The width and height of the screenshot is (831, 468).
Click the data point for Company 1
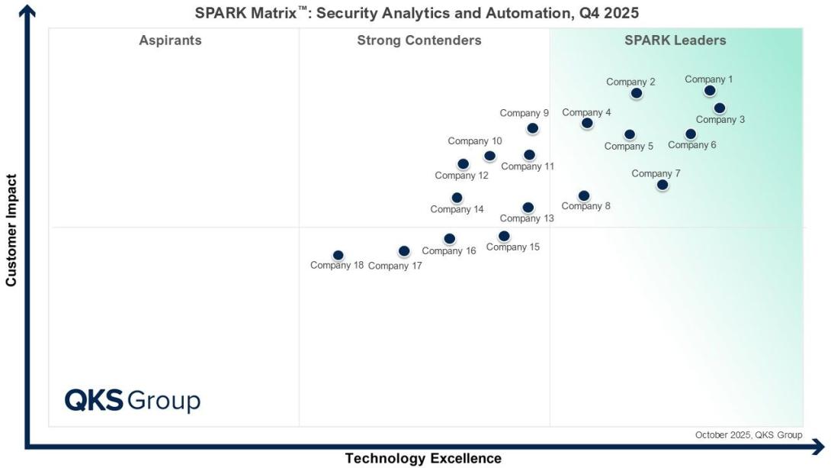710,91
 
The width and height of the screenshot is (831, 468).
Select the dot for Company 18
338,255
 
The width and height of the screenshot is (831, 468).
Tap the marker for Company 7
663,185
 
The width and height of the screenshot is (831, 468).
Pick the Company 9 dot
532,128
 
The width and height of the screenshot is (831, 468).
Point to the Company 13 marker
528,208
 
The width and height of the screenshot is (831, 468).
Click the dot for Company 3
720,108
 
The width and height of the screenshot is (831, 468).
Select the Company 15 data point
504,236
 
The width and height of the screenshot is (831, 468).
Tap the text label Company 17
395,266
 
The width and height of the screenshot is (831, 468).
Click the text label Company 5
629,147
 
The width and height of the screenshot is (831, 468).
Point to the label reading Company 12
461,176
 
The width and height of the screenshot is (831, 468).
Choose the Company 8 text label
586,206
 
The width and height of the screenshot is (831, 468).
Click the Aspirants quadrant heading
170,40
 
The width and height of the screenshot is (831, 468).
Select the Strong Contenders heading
419,40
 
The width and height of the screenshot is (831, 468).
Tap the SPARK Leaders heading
675,40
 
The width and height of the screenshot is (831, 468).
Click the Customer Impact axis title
11,231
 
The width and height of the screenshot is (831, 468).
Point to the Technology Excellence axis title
423,458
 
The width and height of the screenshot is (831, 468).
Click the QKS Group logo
132,400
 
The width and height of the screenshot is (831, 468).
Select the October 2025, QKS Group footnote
748,435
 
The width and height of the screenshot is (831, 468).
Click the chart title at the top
417,13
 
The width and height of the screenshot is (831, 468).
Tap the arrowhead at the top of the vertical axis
28,9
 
